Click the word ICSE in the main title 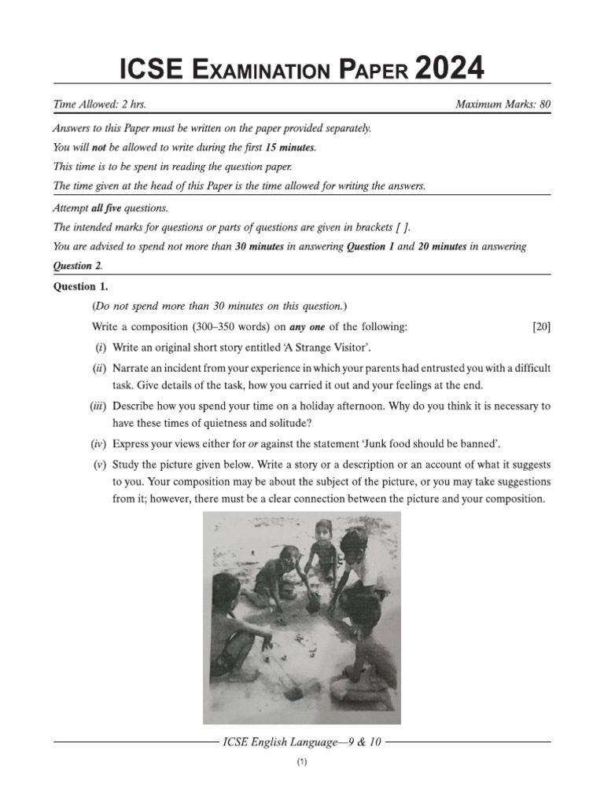coord(151,70)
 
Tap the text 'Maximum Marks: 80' coord(503,104)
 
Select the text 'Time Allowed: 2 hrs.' coord(100,104)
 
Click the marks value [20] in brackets coord(541,326)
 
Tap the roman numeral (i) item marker coord(101,347)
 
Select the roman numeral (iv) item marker coord(99,444)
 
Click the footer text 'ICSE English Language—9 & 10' coord(302,742)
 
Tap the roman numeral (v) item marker coord(100,465)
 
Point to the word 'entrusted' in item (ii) coord(392,367)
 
